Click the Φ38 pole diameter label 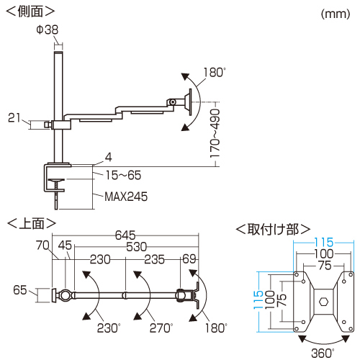[48, 30]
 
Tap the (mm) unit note [336, 14]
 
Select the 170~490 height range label [215, 133]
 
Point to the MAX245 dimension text [126, 197]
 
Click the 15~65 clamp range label [123, 175]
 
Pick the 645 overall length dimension [125, 235]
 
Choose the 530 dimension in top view [136, 247]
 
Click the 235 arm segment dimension [154, 259]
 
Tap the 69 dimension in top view [189, 259]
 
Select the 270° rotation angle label [161, 328]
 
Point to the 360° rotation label [323, 353]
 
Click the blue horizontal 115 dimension [324, 243]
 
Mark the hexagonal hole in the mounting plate [323, 302]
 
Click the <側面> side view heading [30, 11]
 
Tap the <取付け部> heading [273, 230]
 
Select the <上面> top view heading [32, 223]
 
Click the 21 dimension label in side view [14, 118]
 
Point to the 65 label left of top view [20, 289]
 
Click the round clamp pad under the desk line [56, 179]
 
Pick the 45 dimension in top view [65, 246]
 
